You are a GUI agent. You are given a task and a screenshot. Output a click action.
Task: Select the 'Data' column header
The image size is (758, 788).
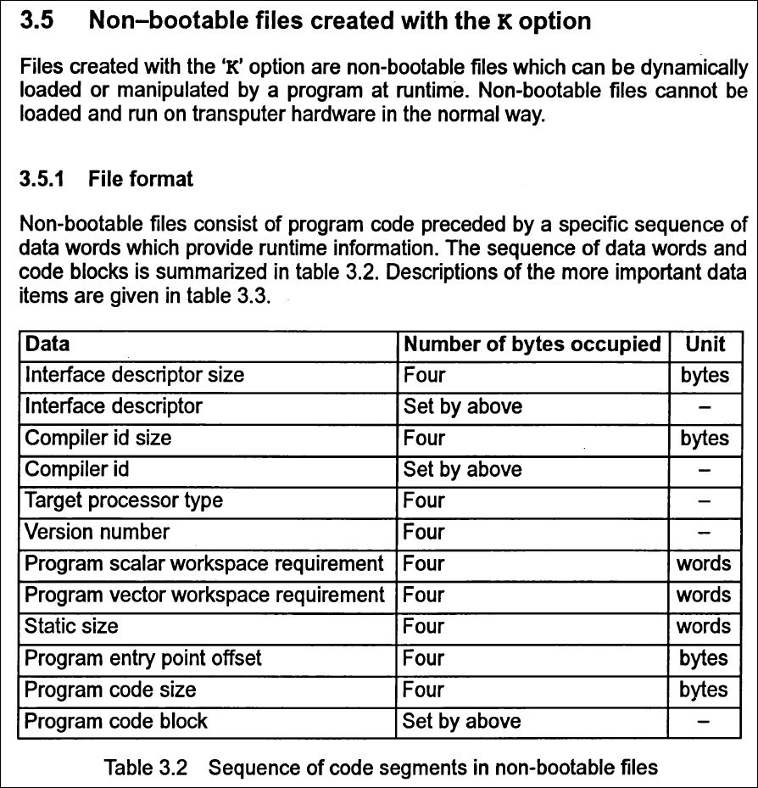click(47, 344)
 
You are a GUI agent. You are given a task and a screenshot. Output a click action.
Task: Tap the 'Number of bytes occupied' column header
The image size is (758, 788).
click(532, 344)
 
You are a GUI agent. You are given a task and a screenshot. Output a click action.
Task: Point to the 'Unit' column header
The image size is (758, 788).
click(705, 344)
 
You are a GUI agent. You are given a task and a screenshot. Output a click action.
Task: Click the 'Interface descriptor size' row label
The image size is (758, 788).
click(134, 375)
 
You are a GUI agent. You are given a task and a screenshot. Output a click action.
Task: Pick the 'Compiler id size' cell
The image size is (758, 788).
click(98, 438)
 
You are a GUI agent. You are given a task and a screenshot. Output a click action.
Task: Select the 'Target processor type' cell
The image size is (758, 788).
click(124, 500)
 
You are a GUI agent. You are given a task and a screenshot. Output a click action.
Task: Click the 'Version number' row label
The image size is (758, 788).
click(97, 532)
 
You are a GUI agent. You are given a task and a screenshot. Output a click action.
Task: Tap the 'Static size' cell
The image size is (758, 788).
click(71, 626)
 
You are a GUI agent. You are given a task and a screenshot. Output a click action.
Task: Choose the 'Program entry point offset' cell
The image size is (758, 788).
click(142, 657)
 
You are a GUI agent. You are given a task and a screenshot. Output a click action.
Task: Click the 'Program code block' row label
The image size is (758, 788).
click(116, 721)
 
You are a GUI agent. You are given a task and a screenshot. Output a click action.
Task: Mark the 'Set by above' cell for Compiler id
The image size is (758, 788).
click(462, 469)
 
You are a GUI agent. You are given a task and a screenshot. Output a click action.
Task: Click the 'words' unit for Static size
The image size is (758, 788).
click(703, 626)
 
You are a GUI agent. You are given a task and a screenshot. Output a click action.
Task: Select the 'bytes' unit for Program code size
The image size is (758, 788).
click(703, 690)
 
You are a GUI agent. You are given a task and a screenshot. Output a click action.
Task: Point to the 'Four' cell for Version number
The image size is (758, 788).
click(424, 532)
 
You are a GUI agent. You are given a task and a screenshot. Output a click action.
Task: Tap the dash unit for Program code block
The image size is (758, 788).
click(704, 722)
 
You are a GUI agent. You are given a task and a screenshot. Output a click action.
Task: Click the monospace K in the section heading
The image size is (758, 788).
click(503, 22)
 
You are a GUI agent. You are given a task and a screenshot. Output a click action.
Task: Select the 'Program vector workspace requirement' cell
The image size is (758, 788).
click(204, 595)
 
